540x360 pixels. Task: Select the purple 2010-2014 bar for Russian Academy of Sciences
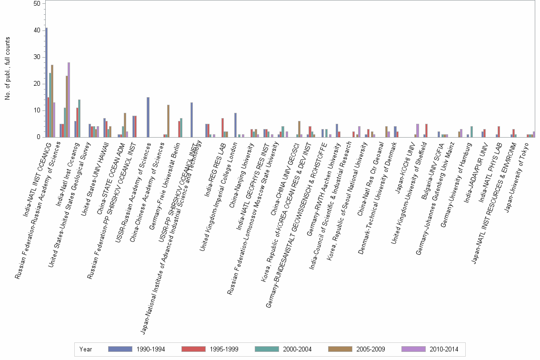click(x=69, y=100)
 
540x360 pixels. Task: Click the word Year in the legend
click(x=86, y=349)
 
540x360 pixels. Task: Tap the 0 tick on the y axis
click(x=38, y=137)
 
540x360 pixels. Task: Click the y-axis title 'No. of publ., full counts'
click(x=7, y=69)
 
